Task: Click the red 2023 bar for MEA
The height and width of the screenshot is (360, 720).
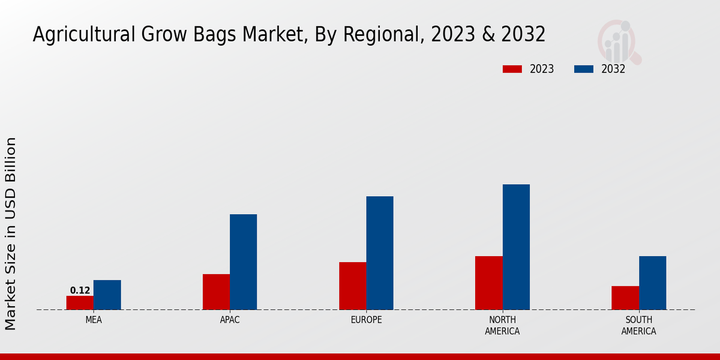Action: pos(80,302)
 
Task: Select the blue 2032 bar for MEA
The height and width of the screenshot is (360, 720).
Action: pos(107,295)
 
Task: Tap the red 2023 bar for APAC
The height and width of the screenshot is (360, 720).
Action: pos(216,292)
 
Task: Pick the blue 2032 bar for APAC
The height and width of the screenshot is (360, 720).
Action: pos(243,262)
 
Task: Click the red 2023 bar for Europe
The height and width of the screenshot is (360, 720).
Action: pos(352,286)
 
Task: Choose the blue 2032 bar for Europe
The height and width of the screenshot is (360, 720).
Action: pos(380,253)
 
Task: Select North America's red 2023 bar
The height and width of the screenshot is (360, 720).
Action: pos(488,283)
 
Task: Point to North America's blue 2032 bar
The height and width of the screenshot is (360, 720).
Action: pos(516,247)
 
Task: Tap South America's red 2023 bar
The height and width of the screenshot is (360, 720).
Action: pos(625,298)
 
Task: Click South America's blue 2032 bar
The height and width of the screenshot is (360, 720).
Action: pos(652,283)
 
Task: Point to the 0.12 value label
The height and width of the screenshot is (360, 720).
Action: pos(80,290)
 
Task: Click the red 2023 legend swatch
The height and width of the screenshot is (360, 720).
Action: pos(512,69)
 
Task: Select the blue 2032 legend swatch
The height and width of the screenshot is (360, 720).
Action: pos(584,69)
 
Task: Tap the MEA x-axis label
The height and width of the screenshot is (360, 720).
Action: pos(94,320)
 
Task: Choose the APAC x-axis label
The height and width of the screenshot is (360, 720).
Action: pos(230,320)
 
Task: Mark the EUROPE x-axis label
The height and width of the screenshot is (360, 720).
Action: pos(366,320)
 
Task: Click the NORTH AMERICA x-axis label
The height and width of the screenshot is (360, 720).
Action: pos(502,325)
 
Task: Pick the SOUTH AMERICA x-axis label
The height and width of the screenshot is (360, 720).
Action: pos(638,325)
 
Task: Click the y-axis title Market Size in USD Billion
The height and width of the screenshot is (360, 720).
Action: pos(11,233)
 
